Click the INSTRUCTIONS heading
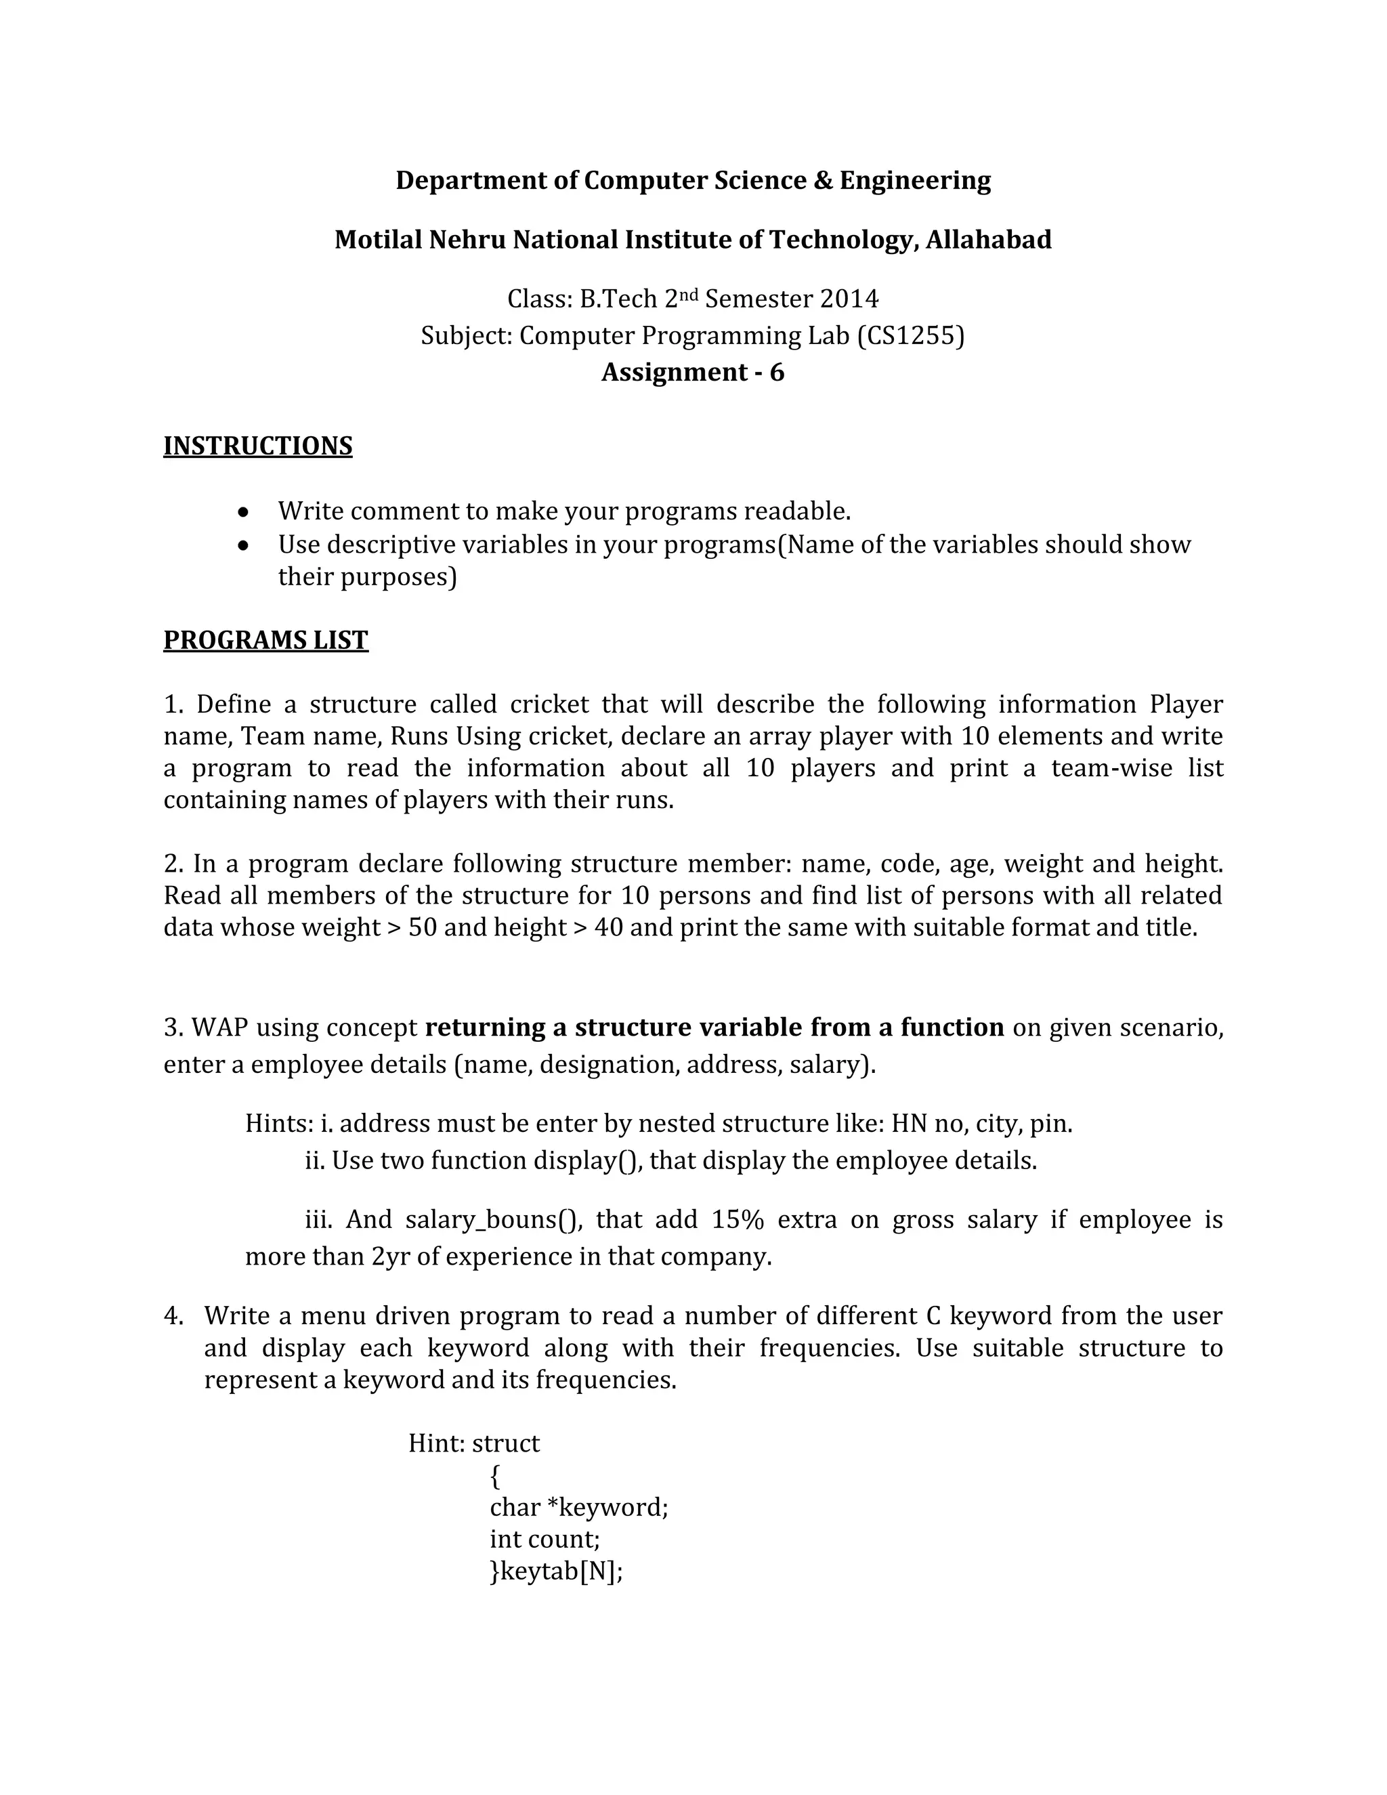point(257,446)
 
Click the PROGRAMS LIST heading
point(265,639)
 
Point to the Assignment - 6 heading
point(693,373)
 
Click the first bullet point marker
point(243,512)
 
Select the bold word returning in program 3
point(475,1028)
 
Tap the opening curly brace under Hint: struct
point(494,1476)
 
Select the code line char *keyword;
point(578,1507)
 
